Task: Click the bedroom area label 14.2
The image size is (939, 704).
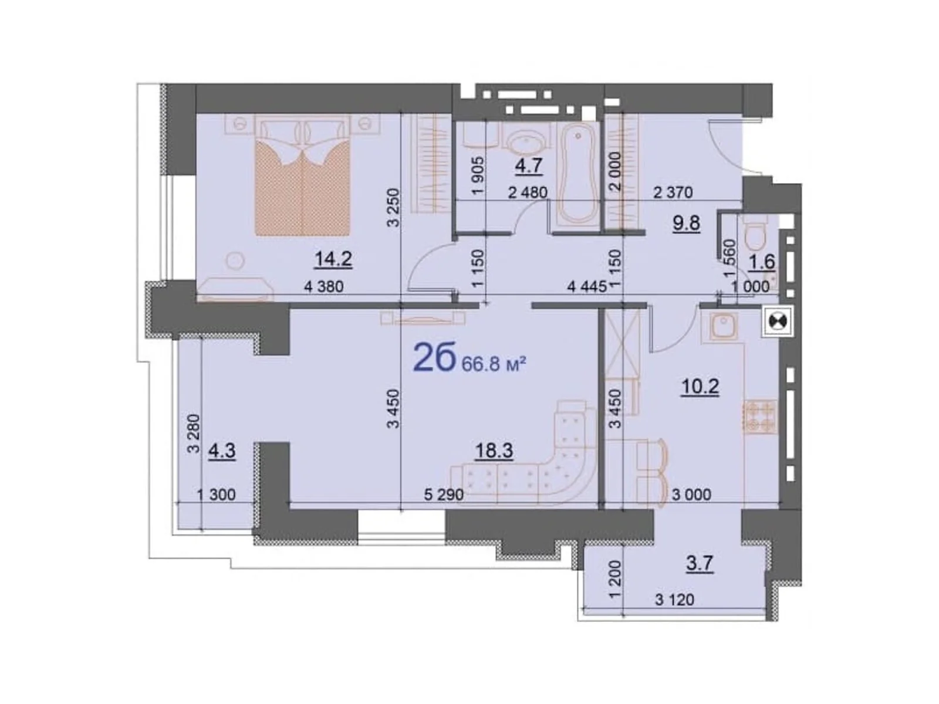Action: point(333,259)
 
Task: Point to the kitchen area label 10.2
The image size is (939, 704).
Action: point(700,387)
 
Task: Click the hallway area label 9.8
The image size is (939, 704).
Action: point(687,224)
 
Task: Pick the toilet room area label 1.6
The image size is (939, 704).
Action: point(762,262)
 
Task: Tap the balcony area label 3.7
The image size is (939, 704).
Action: point(699,564)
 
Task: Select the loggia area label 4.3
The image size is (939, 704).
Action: point(222,451)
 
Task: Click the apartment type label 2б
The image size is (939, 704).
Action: point(434,358)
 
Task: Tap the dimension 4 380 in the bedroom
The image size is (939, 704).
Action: point(323,286)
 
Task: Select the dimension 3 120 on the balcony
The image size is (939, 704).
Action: point(674,600)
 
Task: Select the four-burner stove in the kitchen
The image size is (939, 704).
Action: point(760,417)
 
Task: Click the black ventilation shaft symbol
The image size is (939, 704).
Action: point(778,321)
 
